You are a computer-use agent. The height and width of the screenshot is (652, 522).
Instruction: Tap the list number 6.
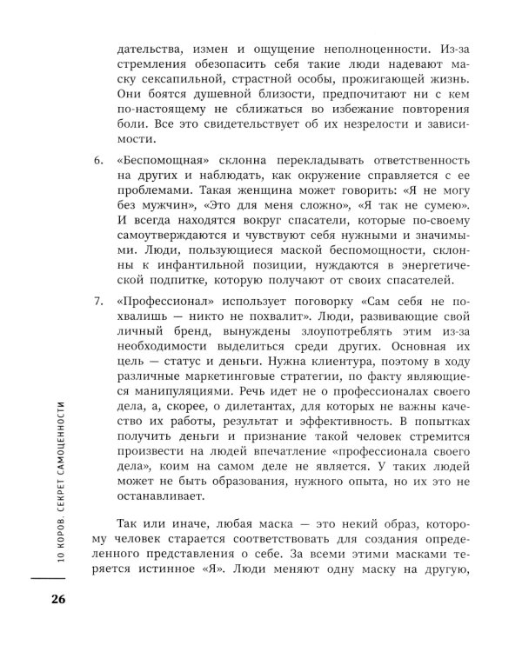pyautogui.click(x=97, y=162)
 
